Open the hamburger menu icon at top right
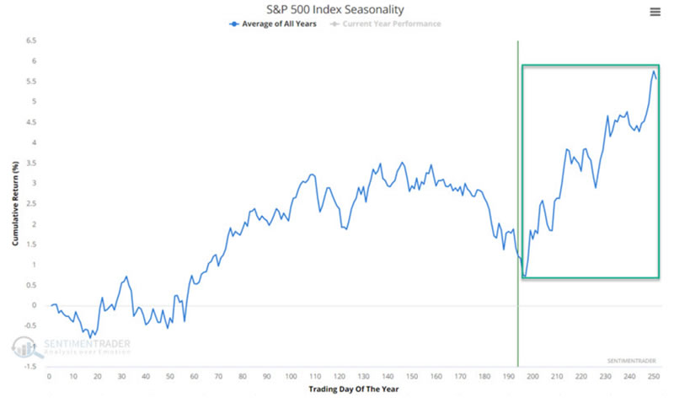655,11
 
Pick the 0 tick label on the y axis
34,305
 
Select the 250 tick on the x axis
653,376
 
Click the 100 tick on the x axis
291,376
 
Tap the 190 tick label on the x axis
508,376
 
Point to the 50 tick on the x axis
169,376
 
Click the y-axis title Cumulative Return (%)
15,203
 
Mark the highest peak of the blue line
654,72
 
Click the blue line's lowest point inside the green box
524,277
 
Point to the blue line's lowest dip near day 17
90,337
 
